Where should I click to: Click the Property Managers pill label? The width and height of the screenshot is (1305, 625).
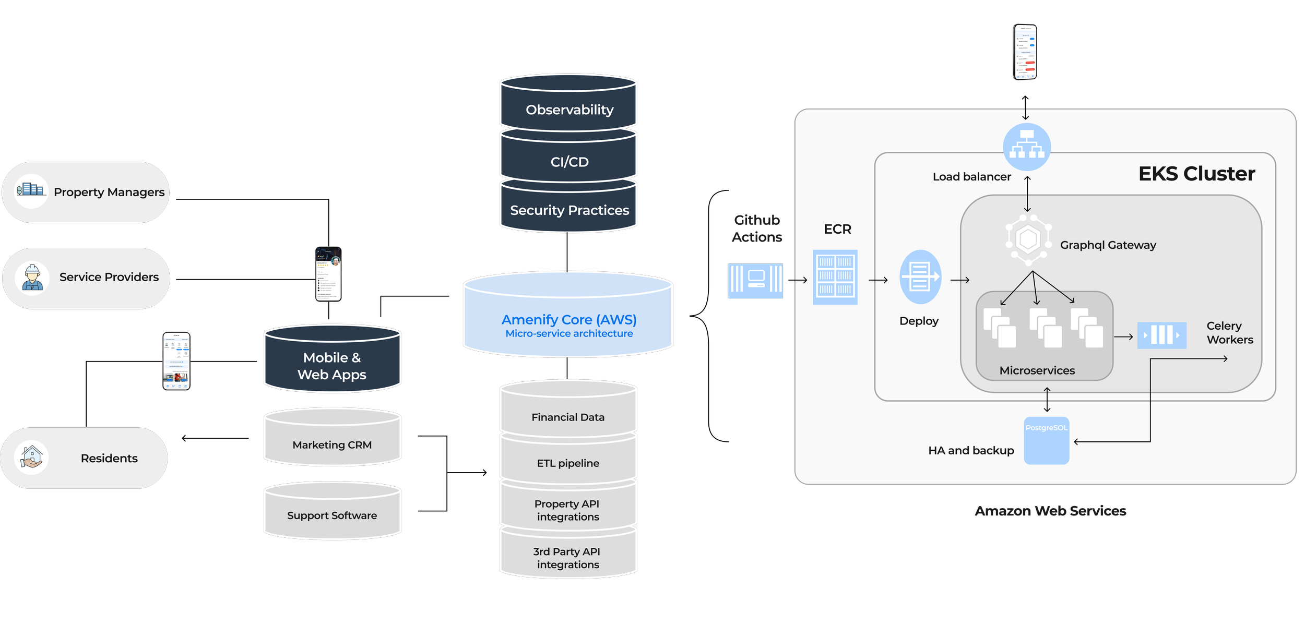coord(109,192)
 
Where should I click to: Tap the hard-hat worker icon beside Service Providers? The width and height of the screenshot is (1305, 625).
coord(32,278)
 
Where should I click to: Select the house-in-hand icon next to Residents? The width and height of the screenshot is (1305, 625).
coord(32,457)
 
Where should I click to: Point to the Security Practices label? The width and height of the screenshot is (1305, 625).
coord(569,210)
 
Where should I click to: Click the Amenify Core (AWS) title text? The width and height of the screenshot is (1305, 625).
coord(569,319)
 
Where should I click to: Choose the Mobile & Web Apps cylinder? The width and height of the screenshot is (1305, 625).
coord(332,365)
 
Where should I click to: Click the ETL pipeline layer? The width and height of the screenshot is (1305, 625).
coord(568,463)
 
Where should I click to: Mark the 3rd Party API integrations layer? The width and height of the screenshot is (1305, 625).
coord(568,558)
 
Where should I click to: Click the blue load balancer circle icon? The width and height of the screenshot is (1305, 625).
coord(1027,147)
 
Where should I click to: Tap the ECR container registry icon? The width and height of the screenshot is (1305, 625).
coord(835,277)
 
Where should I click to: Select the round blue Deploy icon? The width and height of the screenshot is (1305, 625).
coord(920,277)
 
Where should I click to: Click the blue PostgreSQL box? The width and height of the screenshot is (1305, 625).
coord(1046,441)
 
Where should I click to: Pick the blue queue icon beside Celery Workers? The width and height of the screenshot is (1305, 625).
coord(1161,335)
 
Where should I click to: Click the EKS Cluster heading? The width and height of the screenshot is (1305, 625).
coord(1196,174)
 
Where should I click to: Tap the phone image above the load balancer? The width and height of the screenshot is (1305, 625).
coord(1025,52)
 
